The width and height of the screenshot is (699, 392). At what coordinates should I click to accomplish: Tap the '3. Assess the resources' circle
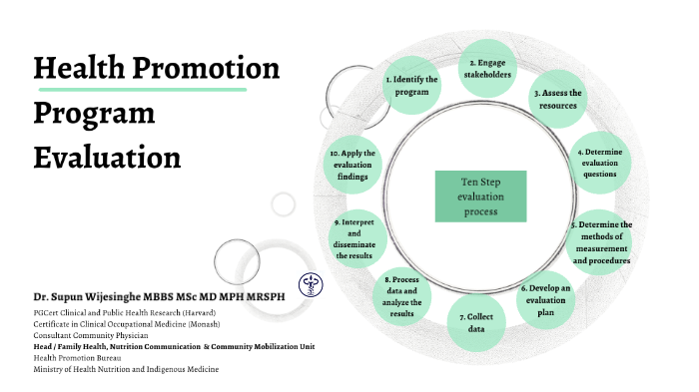pos(557,99)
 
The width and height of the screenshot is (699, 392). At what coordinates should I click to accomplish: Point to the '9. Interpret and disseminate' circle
pos(356,237)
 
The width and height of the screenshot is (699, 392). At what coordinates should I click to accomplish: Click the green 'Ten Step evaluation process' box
pos(480,196)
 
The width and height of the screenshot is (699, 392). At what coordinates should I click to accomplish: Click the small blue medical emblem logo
pos(311,283)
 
